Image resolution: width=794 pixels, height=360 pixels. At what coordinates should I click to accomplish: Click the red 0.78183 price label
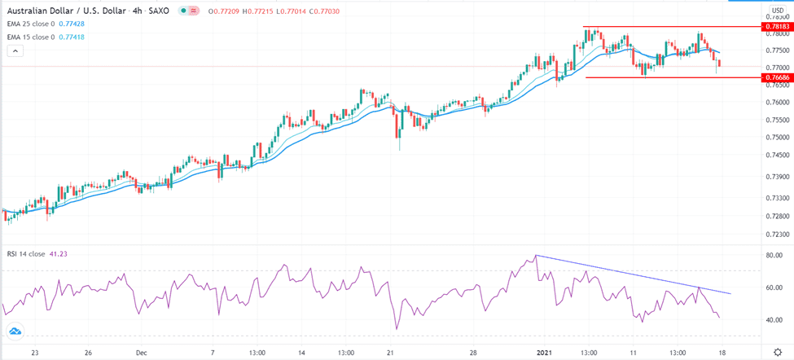pyautogui.click(x=774, y=27)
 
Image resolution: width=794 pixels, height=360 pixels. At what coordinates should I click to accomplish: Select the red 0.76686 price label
pyautogui.click(x=774, y=77)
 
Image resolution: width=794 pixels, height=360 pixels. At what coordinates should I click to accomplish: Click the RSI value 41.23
pyautogui.click(x=62, y=255)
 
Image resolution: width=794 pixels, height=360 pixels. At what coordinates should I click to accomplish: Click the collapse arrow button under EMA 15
pyautogui.click(x=15, y=50)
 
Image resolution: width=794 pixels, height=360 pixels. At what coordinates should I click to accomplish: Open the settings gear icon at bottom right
pyautogui.click(x=777, y=352)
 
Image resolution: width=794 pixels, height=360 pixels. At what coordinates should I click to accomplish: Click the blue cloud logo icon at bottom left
pyautogui.click(x=14, y=331)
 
